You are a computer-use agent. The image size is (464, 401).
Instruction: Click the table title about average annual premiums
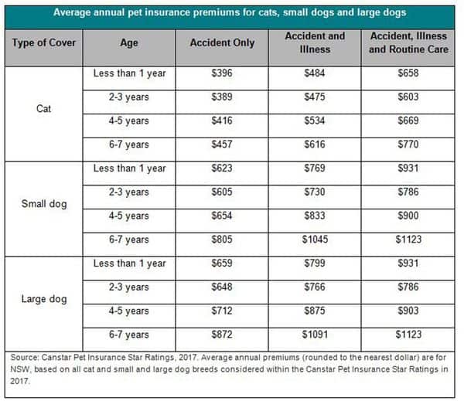pos(231,13)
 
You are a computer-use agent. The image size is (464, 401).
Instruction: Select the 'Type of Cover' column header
pos(44,42)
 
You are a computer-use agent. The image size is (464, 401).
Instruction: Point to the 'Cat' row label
pos(44,109)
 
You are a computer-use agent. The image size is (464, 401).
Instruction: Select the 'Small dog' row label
pos(44,205)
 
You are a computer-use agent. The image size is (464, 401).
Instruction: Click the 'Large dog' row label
pos(44,300)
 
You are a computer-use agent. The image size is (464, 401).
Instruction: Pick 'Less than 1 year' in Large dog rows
pos(129,263)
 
